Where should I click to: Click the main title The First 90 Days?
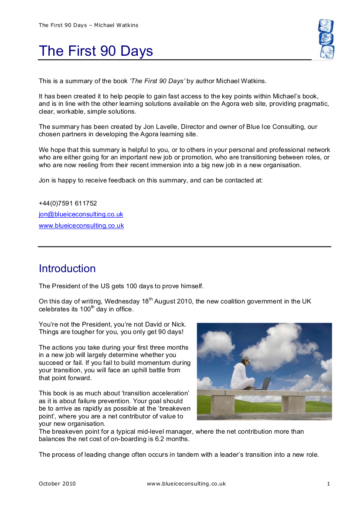(96, 51)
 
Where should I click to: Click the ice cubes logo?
(326, 39)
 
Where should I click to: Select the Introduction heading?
(67, 269)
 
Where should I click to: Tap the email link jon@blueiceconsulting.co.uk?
(81, 214)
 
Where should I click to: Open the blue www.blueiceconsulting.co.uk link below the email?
(81, 226)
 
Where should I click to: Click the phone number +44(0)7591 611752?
(68, 203)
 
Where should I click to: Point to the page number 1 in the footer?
(329, 484)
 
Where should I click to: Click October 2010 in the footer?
(57, 484)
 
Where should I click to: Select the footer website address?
(186, 484)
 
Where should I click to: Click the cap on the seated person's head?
(246, 359)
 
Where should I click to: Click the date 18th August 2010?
(149, 301)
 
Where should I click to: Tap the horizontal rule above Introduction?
(184, 246)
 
